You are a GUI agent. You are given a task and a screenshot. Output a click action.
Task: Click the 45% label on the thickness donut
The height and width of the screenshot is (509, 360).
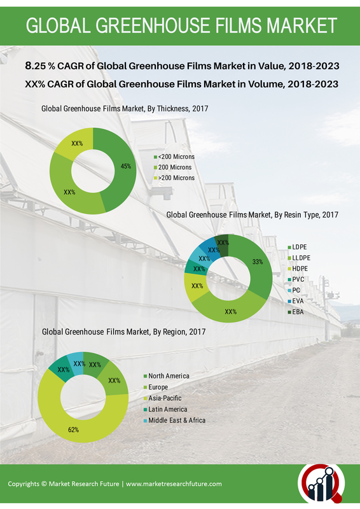(x=126, y=166)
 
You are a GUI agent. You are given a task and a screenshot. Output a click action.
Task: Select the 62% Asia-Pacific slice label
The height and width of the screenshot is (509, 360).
(x=73, y=430)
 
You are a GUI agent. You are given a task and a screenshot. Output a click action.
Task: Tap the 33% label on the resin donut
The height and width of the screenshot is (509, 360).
(x=258, y=261)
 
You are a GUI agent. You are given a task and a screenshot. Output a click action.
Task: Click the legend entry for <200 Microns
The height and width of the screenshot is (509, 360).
(x=174, y=157)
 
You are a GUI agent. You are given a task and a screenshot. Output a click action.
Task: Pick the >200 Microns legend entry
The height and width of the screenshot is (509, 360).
(x=174, y=178)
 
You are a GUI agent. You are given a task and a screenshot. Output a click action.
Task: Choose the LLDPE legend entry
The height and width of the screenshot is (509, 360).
(x=299, y=258)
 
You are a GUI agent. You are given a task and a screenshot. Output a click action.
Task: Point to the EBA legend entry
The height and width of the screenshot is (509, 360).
(x=296, y=312)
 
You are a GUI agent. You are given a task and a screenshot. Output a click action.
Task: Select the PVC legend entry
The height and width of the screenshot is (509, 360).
(x=296, y=279)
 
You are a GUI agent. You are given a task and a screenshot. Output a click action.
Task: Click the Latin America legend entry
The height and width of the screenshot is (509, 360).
(x=165, y=409)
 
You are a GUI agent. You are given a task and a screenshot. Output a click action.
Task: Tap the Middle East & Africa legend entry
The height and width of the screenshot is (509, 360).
(x=175, y=421)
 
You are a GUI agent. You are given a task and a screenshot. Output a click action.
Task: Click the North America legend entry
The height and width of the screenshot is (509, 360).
(x=167, y=376)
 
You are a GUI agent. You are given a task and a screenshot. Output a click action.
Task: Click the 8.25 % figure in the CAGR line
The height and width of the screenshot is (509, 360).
(x=39, y=66)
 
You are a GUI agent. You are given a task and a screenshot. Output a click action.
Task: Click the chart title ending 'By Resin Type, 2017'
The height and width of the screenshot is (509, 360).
(x=253, y=214)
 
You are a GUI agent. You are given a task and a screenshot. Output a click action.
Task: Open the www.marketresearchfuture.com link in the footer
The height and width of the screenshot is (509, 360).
(x=174, y=484)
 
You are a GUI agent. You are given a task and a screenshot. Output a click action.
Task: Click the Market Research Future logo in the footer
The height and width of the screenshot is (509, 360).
(x=321, y=484)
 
